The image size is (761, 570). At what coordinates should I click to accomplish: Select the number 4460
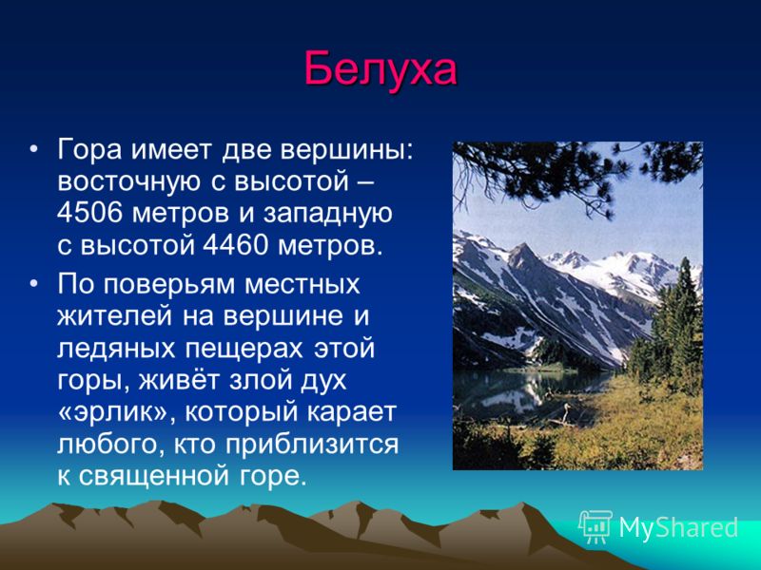point(235,246)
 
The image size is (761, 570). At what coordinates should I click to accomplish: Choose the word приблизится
point(312,445)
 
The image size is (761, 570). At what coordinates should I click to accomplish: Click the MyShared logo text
point(678,527)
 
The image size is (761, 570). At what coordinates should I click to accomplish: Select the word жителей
point(115,316)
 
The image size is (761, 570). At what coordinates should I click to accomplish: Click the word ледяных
point(116,349)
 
